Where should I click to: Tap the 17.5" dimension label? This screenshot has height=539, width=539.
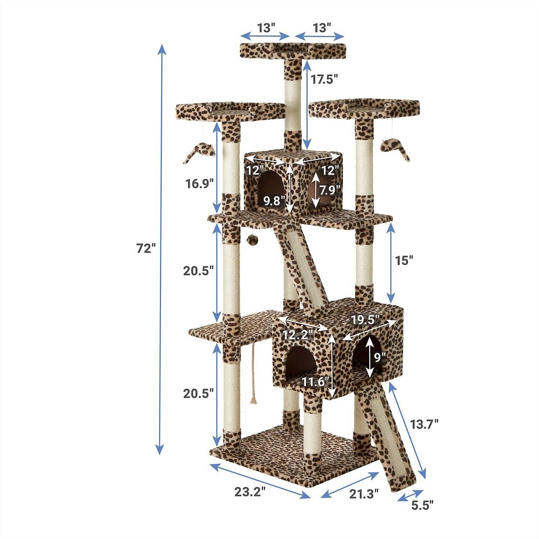click(323, 80)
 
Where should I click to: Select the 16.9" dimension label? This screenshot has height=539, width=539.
click(200, 184)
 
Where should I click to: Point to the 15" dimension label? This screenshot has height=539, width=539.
click(404, 260)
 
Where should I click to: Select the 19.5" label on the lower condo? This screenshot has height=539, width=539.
click(365, 320)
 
